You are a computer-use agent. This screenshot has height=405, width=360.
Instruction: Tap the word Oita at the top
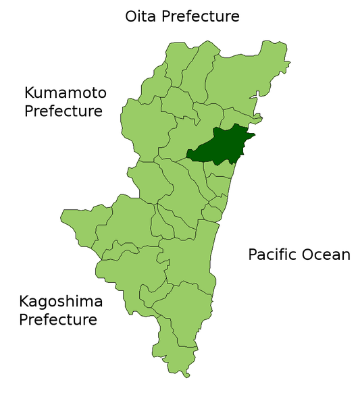tap(140, 16)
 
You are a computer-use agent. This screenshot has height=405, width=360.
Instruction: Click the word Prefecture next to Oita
tap(201, 16)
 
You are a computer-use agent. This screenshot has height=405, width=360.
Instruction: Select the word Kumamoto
tap(66, 92)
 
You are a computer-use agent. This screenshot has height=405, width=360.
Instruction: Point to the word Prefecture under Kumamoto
tap(63, 111)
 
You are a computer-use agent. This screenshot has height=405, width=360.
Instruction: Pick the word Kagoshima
tap(61, 301)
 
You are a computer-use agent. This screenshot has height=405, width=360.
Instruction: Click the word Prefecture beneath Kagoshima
tap(58, 319)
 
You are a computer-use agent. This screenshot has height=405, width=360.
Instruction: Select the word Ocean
tap(327, 254)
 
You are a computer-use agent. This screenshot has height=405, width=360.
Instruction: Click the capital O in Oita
tap(132, 16)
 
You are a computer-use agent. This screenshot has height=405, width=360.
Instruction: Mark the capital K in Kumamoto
tap(30, 92)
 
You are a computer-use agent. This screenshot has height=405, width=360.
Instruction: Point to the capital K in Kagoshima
tap(25, 301)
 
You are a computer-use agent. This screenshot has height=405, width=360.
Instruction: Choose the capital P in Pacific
tap(253, 254)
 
